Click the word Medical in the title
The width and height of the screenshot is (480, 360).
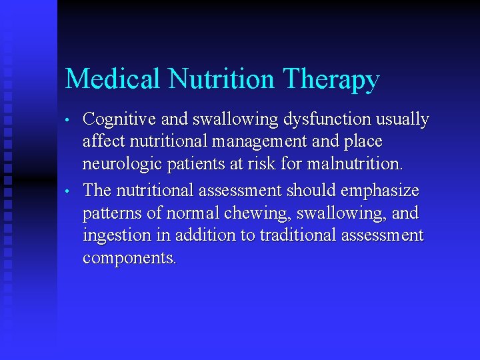[x=113, y=79]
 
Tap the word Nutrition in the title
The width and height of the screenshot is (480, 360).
[x=221, y=79]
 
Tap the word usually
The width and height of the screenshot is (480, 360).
[x=402, y=121]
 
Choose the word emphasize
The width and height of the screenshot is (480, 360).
[x=380, y=191]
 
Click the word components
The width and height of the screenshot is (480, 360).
[x=129, y=259]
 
